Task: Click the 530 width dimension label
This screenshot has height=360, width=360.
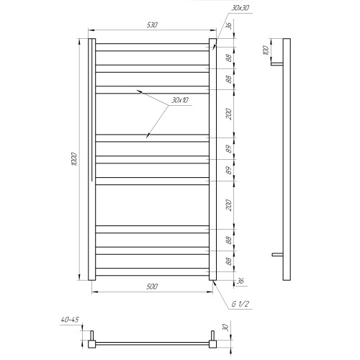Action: point(152,25)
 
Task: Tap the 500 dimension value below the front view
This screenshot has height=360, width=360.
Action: point(152,287)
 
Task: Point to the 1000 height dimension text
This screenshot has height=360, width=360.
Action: point(75,158)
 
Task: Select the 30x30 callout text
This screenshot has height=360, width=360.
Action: point(240,8)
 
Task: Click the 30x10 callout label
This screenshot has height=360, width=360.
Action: point(180,100)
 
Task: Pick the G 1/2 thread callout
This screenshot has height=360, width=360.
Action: point(240,304)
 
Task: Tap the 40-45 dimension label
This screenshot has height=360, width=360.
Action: point(70,320)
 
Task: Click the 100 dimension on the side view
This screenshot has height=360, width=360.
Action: point(266,50)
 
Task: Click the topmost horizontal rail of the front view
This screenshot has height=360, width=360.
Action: point(152,47)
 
